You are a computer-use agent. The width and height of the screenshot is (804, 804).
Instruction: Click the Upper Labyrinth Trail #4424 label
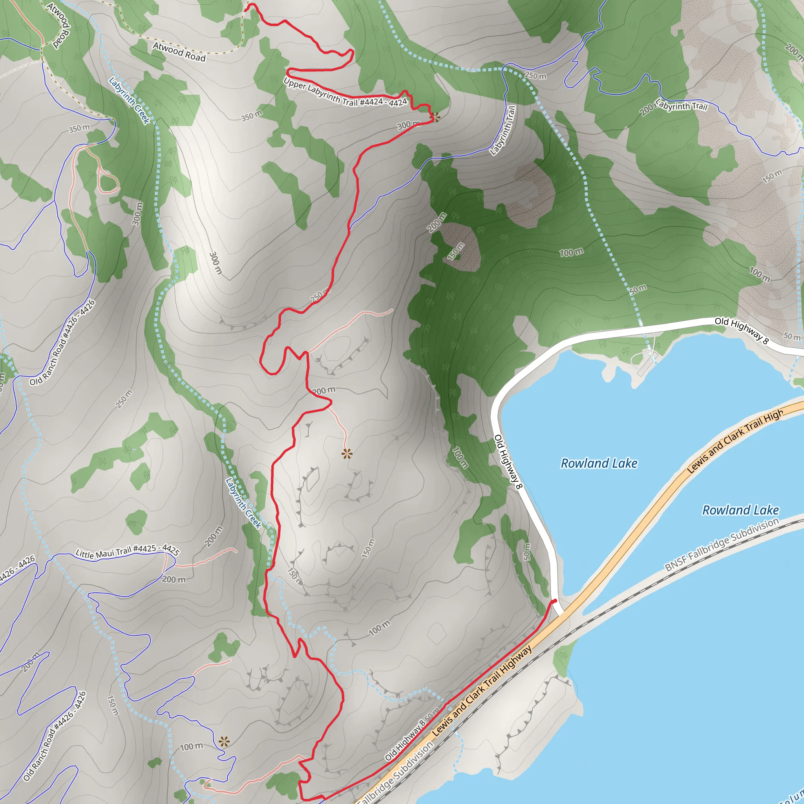coord(345,93)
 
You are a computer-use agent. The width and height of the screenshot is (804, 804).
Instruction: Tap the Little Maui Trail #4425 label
coord(127,552)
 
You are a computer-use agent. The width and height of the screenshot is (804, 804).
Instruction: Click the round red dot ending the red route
coord(554,601)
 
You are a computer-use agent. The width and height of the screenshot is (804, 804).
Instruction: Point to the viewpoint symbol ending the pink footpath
coord(347,453)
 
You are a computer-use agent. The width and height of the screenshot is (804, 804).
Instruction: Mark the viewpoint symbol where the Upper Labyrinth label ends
coord(435,117)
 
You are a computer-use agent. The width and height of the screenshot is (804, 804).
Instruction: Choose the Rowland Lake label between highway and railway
coord(740,510)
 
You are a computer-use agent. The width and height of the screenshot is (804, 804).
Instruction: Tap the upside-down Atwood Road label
coord(58,26)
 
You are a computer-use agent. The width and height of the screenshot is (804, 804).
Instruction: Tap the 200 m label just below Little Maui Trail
coord(174,579)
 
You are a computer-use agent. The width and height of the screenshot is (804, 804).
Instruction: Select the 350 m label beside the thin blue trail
coord(79,128)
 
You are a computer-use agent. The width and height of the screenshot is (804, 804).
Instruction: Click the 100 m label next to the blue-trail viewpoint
coord(192,747)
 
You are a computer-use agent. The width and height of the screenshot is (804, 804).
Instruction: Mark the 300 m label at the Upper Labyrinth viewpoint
coord(408,125)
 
